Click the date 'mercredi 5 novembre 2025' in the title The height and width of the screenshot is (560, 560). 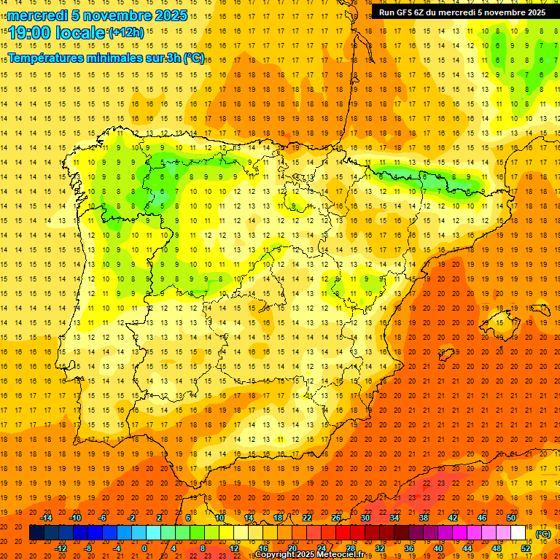coord(98,15)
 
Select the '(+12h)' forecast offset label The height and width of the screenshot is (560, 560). coord(126,32)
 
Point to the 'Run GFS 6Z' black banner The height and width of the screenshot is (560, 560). coord(462,12)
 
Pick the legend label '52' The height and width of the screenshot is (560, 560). coord(526,548)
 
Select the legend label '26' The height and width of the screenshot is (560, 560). coord(336,518)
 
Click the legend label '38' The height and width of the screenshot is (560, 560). coord(424,518)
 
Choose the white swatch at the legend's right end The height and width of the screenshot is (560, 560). coord(518,533)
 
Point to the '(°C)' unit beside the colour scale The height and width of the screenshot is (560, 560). coord(543,533)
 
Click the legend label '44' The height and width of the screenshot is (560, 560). coord(467,548)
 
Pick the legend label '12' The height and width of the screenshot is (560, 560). coord(234,548)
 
